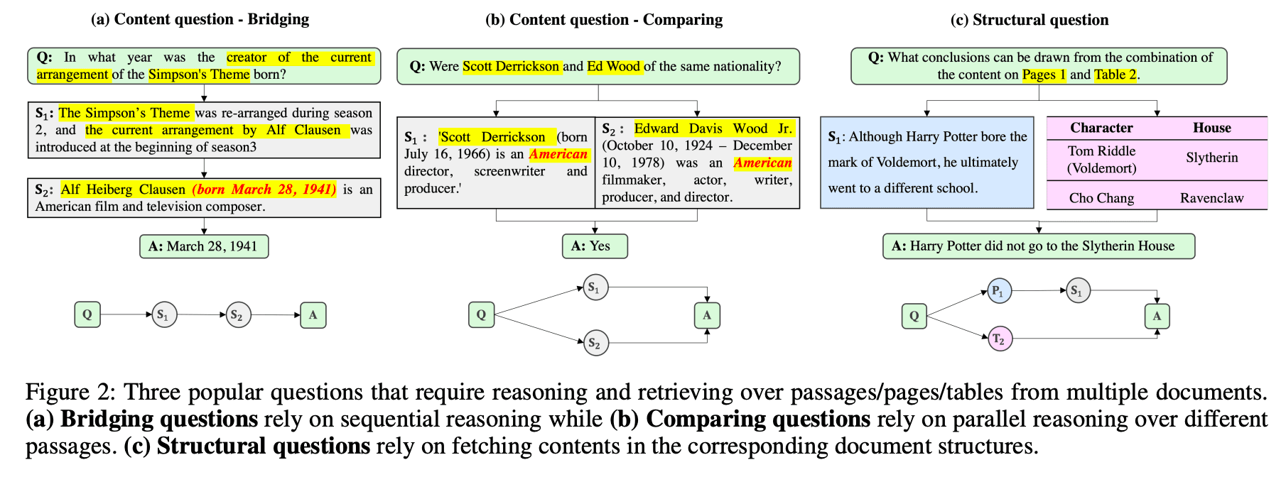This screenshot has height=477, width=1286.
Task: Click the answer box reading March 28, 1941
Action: point(204,246)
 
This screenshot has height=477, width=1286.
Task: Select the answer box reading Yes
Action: point(595,246)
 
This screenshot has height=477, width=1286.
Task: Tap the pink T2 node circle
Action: point(1000,339)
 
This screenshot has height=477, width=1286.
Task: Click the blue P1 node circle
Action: point(999,291)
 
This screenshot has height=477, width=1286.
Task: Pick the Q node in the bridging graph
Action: point(87,314)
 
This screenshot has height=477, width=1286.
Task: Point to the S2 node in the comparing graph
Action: point(595,344)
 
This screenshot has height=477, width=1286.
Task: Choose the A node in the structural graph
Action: point(1157,316)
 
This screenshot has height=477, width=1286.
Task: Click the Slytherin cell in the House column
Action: point(1211,158)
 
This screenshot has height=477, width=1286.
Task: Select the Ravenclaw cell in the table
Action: point(1211,198)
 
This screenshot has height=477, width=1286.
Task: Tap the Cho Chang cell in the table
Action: point(1101,198)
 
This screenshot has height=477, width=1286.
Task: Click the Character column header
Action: point(1101,128)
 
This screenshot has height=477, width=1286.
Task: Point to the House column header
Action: point(1211,128)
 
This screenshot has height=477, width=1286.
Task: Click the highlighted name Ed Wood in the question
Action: point(614,66)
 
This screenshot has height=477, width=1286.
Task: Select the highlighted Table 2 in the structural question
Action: point(1115,75)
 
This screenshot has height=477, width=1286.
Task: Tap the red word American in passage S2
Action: point(762,163)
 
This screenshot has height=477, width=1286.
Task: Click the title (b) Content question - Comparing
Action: point(604,20)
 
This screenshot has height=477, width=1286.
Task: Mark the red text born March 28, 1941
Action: point(264,190)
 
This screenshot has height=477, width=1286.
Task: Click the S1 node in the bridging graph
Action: point(164,314)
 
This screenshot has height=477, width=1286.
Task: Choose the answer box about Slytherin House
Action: point(1038,246)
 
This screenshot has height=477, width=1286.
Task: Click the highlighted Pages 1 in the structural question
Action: point(1044,75)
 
